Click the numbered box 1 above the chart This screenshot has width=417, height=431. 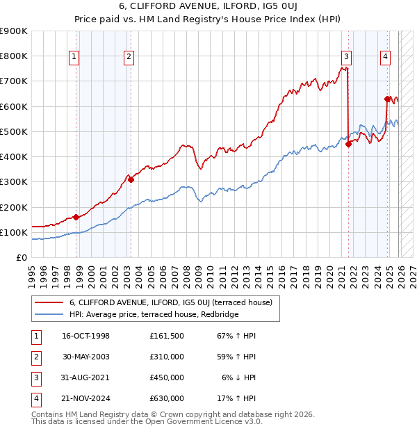(x=74, y=58)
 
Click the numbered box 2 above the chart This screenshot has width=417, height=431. (x=129, y=58)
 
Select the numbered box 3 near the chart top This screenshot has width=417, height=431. (x=346, y=58)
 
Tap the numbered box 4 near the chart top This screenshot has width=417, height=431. (x=385, y=58)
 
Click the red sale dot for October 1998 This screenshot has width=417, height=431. (x=76, y=217)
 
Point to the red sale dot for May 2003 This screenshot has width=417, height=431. (x=131, y=179)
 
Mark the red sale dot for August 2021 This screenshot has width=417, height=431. (x=348, y=144)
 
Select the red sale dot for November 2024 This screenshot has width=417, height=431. (x=387, y=99)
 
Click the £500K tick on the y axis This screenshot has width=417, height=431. (x=14, y=131)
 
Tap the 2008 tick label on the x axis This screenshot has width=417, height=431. (x=186, y=271)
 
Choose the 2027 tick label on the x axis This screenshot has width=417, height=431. (x=412, y=271)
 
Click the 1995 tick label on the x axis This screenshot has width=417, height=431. (x=31, y=271)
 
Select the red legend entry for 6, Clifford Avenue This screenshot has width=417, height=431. (x=174, y=302)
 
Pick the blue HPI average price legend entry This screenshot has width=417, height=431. (x=154, y=315)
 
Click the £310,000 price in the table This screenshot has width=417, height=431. (x=166, y=357)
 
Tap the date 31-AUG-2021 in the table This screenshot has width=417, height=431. (x=85, y=377)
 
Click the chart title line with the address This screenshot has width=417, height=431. (x=208, y=8)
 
